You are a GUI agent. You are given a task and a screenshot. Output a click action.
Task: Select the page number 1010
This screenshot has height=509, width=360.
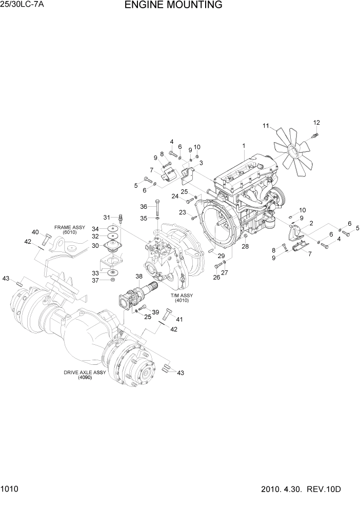(x=10, y=491)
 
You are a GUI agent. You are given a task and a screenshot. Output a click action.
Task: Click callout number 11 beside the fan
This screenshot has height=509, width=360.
(x=266, y=126)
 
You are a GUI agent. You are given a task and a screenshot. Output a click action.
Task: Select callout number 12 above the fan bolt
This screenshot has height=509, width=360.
(x=316, y=123)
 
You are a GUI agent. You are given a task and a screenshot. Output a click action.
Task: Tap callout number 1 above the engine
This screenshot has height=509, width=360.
(x=244, y=146)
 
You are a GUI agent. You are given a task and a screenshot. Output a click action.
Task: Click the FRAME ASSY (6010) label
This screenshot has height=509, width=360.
(x=70, y=229)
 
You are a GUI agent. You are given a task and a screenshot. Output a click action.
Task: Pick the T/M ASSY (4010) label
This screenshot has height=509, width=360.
(x=183, y=298)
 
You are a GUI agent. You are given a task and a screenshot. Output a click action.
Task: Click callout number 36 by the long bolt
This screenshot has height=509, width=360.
(x=144, y=206)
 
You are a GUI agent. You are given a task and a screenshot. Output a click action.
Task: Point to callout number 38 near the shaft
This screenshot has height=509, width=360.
(x=138, y=277)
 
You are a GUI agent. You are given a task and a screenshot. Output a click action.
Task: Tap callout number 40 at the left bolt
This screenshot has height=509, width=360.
(x=35, y=232)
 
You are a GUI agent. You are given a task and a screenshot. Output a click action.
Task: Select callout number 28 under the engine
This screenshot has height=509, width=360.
(x=245, y=247)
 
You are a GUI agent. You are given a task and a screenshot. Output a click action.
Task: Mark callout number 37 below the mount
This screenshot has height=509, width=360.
(x=95, y=280)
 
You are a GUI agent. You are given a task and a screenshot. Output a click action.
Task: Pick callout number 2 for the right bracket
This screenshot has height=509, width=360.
(x=311, y=223)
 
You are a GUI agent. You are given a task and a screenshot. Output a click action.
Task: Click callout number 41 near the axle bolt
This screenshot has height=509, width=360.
(x=179, y=320)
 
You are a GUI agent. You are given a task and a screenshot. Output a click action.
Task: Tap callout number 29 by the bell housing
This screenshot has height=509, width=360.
(x=221, y=256)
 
